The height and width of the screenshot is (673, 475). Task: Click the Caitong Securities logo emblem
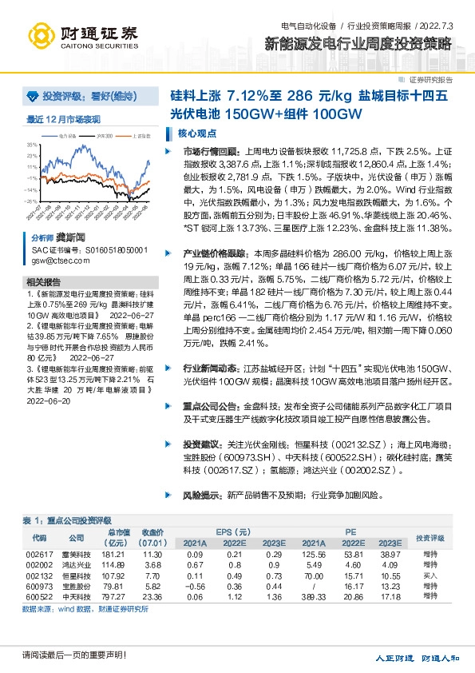pos(40,36)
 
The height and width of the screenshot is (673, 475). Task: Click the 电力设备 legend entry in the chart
pos(70,137)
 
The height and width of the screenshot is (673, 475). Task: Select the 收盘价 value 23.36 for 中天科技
pos(152,596)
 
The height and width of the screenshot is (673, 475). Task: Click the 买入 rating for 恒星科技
pos(430,575)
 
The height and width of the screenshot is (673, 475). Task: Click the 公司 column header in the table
pos(76,537)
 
